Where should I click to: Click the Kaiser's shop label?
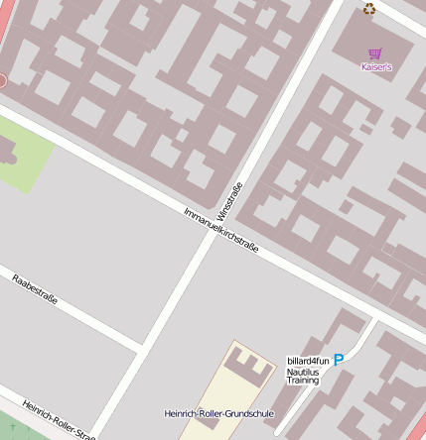coord(376,67)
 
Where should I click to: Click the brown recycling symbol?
coord(369,9)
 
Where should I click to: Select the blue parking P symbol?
coord(339,361)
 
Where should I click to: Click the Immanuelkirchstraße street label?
coord(220,230)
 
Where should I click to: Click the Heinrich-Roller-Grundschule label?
coord(218,413)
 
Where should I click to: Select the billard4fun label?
coord(308,361)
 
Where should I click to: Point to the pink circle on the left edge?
coord(2,81)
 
